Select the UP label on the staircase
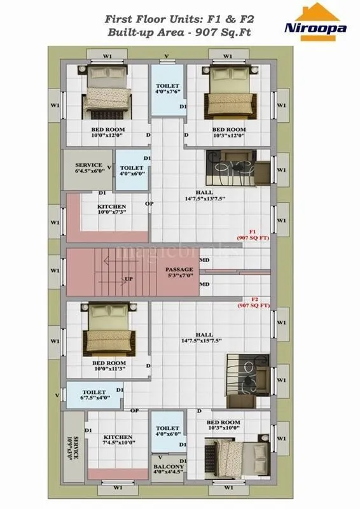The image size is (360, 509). pos(128,279)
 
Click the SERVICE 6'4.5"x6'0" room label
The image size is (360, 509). pos(88,169)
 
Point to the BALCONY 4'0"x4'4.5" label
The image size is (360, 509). pos(169,470)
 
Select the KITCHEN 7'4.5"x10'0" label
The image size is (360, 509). pos(118,440)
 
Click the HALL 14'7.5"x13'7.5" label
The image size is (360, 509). pos(204,195)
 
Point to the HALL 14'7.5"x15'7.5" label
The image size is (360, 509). pos(204,337)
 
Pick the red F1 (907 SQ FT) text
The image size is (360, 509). pos(253,234)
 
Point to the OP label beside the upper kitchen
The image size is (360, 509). pos(149,204)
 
